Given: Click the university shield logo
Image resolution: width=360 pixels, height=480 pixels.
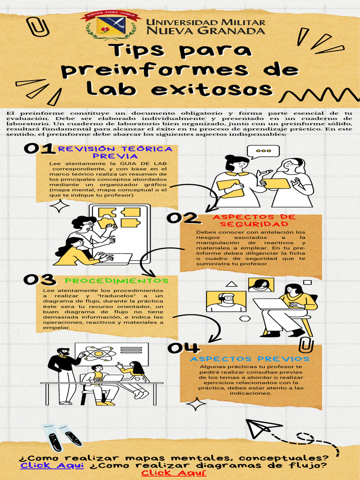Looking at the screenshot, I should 111,25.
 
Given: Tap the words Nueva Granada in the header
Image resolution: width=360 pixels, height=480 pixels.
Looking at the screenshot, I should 205,31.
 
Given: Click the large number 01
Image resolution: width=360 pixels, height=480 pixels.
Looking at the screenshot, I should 39,149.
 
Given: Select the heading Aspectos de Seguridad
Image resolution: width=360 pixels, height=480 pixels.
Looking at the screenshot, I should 254,220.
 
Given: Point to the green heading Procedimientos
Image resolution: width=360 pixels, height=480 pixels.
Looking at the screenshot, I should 116,281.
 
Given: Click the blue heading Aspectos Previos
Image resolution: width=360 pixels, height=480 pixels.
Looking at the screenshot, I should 249,359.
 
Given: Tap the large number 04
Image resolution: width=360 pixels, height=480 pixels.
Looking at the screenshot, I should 184,348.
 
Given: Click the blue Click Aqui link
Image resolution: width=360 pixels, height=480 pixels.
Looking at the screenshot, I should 52,465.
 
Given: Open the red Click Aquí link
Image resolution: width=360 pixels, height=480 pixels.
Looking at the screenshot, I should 174,473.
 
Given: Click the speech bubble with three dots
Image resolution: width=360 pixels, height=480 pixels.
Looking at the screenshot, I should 263,151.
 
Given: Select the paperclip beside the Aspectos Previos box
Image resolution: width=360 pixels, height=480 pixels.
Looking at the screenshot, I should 307,346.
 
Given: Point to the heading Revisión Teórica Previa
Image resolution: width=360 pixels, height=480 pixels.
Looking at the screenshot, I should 115,152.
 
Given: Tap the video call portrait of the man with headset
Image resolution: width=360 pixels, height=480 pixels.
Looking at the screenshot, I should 226,301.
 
